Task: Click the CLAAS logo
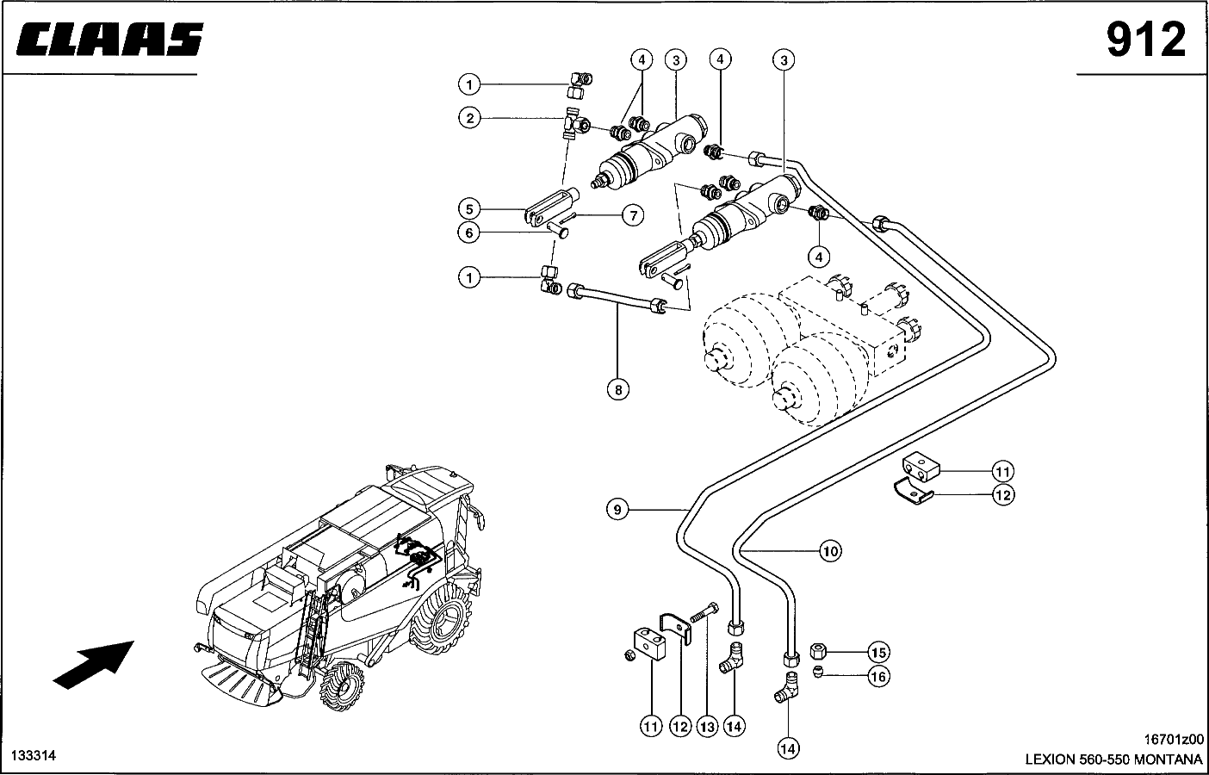108,40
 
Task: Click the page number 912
1145,40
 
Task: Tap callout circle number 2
469,117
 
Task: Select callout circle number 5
469,209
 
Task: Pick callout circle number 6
469,232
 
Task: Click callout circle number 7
633,215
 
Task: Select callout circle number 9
617,510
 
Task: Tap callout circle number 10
829,550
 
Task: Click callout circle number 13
707,727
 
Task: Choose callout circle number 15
877,652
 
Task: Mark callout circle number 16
877,677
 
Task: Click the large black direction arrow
93,663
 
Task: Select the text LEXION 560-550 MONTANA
1113,759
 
